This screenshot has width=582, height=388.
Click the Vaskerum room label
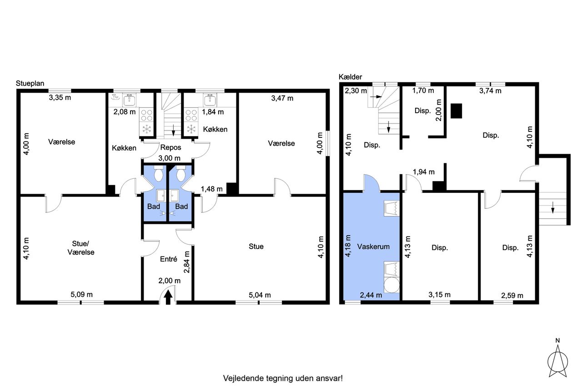coord(373,247)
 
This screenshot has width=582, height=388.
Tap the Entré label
coord(169,259)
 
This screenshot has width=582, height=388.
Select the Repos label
coord(171,148)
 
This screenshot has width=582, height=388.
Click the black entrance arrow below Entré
coord(168,297)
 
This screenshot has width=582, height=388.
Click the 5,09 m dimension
coord(81,295)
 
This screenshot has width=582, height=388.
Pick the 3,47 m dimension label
coord(282,98)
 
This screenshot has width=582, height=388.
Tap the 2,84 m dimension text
coord(187,262)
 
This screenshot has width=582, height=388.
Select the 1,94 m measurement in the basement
coord(424,172)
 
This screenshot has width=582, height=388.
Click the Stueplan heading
coord(30,83)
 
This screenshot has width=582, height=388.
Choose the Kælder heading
coord(350,77)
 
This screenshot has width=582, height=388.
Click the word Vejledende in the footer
coord(243,378)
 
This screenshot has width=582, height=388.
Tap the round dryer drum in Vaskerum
coord(391,285)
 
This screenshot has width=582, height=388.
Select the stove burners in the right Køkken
coord(191,116)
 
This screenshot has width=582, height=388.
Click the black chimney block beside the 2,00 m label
coord(456,111)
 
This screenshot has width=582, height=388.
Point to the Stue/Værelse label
coord(81,248)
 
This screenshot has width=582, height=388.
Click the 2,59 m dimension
coord(512,296)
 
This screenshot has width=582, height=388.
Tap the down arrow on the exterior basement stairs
coord(552,207)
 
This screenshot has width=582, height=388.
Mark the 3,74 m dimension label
coord(490,91)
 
